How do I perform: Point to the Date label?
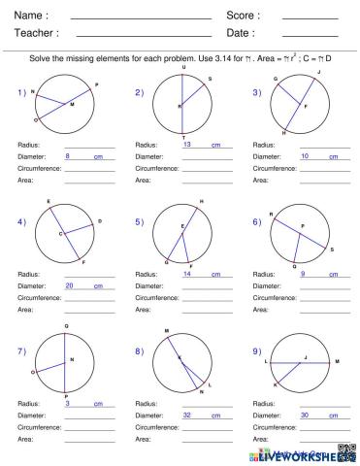[240, 34]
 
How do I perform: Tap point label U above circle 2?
[184, 67]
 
